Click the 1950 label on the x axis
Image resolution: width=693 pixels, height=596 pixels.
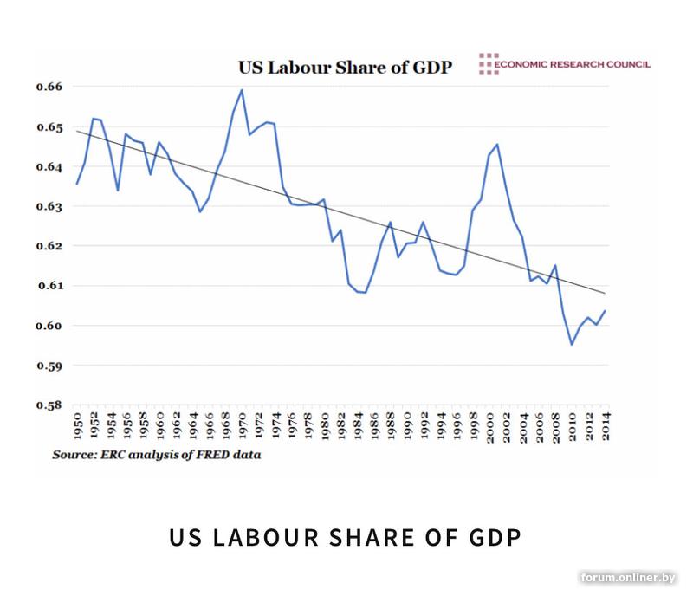click(78, 428)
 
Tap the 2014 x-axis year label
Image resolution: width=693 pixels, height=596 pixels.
click(607, 428)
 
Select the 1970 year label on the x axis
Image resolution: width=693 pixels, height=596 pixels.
click(243, 428)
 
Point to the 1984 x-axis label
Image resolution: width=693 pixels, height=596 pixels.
click(359, 428)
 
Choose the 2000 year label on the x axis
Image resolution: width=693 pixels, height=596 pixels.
click(490, 428)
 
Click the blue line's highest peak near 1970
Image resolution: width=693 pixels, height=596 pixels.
click(242, 90)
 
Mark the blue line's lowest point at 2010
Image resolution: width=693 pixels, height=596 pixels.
click(572, 344)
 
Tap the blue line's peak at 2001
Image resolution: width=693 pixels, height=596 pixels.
click(497, 144)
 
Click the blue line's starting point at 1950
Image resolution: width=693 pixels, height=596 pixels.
click(77, 184)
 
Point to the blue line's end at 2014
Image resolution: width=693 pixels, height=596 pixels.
click(605, 310)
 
